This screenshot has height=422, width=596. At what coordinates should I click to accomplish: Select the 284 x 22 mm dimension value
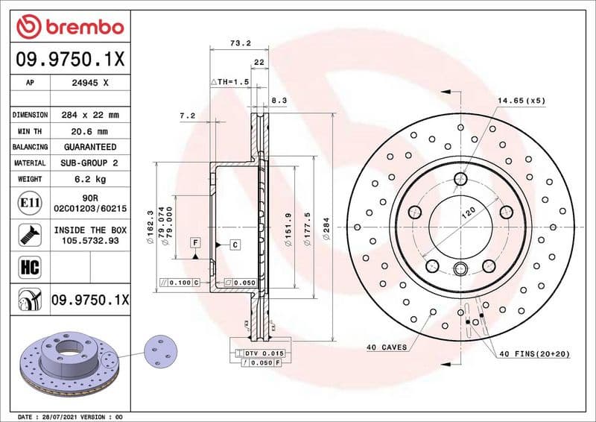tap(90, 115)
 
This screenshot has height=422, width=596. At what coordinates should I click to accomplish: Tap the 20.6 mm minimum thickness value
tap(90, 131)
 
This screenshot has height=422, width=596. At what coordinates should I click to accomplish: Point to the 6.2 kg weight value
tap(90, 179)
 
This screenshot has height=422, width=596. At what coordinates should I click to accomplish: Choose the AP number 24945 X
tap(90, 84)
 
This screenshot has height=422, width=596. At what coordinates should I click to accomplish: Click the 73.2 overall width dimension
tap(239, 44)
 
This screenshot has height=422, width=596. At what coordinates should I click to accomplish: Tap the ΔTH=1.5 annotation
tap(229, 81)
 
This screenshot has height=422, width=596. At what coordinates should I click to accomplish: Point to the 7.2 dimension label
tap(187, 116)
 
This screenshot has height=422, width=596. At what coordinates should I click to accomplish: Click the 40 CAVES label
tap(387, 347)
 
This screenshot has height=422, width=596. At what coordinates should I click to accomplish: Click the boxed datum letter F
tap(195, 242)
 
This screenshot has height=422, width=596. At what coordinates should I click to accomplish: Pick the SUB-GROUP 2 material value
tap(90, 163)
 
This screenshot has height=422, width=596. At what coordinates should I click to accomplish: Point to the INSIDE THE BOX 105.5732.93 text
tap(90, 236)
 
